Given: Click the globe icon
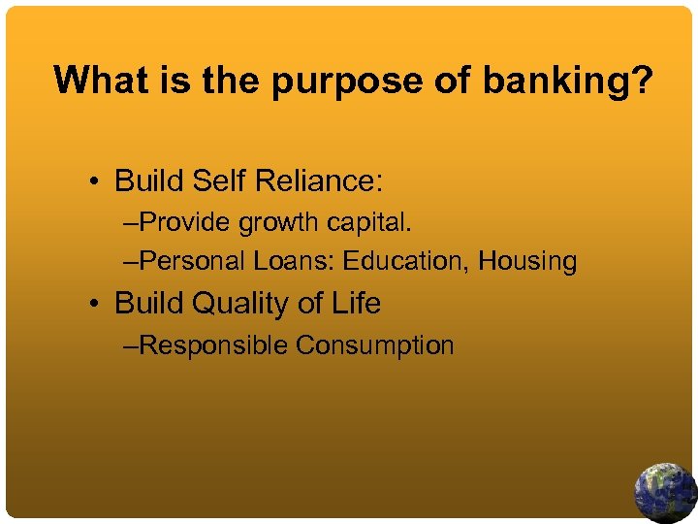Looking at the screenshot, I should point(665,492).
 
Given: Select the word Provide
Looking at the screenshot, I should point(188,223).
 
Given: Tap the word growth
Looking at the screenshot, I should point(281,223).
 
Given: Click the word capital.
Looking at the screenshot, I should point(369,224).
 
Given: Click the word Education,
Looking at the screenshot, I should point(406,261).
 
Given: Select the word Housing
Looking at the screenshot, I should point(527,262).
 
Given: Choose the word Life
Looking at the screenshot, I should point(355,303).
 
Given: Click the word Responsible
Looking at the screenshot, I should point(214,345).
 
